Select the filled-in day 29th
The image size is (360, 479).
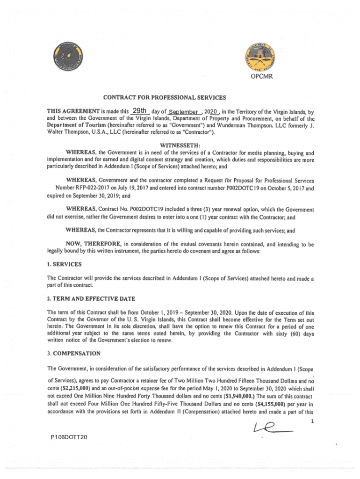coord(140,111)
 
